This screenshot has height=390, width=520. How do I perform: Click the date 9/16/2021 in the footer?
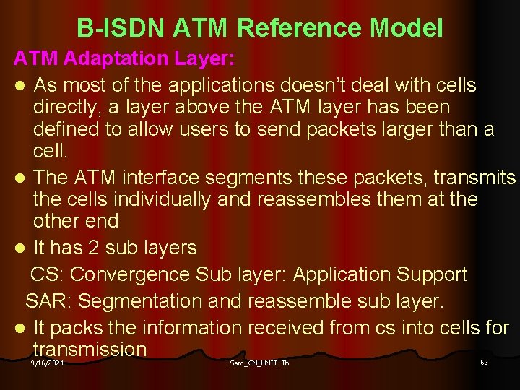48,363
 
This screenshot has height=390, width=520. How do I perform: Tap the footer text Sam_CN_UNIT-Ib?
259,363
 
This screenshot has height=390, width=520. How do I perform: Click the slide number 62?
484,362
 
